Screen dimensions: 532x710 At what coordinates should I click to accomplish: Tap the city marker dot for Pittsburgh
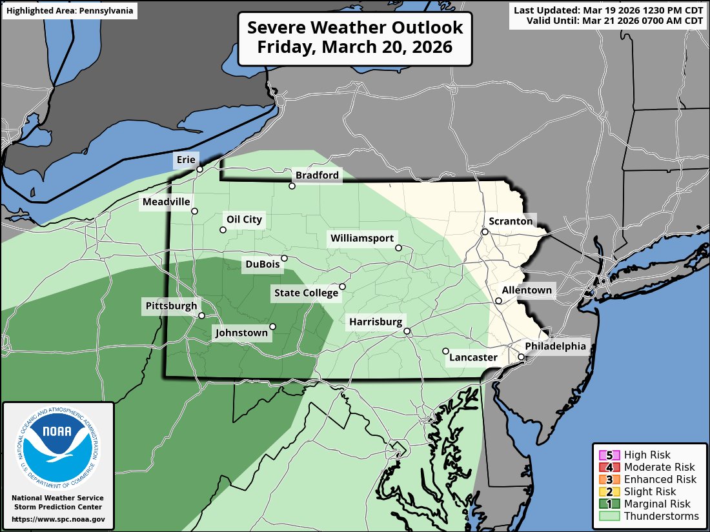pos(201,316)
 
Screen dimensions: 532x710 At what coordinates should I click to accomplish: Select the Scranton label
pos(511,221)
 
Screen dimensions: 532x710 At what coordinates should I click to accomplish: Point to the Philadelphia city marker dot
pos(521,357)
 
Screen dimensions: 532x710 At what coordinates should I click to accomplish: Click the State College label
pos(306,293)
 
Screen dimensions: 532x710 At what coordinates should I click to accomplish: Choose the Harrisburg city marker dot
pos(407,331)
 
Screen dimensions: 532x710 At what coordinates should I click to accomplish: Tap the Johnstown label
pos(241,333)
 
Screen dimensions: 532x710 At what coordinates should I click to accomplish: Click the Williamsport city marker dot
pos(398,248)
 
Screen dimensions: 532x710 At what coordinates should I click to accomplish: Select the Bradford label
pos(317,175)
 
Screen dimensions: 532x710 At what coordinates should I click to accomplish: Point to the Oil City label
pos(244,219)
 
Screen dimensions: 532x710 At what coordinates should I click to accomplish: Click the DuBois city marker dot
pos(284,258)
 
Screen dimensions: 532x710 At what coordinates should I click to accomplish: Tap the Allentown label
pos(527,290)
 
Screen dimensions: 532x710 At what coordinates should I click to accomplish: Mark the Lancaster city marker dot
pos(445,351)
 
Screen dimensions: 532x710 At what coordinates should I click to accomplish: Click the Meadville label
pos(167,202)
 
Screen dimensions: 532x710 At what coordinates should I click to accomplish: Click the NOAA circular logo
pos(58,444)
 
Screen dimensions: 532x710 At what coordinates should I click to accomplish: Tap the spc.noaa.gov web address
pos(58,519)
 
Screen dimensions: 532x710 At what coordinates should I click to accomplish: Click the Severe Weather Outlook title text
pos(355,38)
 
